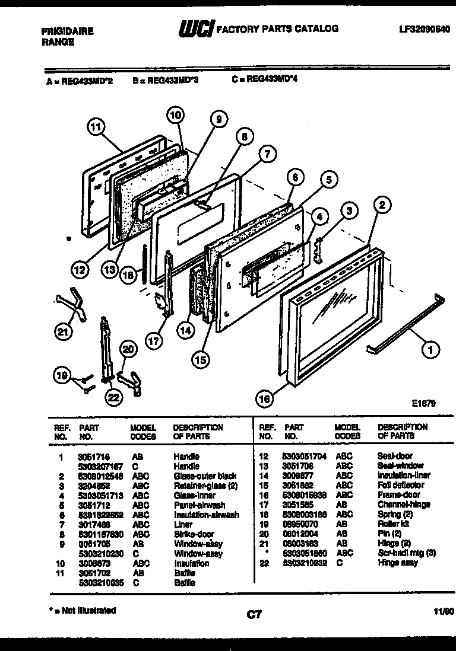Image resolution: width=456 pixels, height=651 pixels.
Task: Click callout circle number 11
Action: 96,126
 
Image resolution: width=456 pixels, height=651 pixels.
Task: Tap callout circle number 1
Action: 427,350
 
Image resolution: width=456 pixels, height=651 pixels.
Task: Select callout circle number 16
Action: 265,400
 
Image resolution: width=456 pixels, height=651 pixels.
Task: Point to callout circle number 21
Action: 62,333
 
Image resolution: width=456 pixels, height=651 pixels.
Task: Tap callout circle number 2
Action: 382,206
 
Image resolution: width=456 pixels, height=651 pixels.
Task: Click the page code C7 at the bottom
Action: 254,615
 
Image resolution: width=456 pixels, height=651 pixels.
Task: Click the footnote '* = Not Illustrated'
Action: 82,610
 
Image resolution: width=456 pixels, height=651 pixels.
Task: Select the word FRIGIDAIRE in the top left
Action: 68,31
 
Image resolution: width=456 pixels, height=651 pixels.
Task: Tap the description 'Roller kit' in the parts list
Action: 393,524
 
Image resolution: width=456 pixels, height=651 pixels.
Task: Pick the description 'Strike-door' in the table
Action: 194,534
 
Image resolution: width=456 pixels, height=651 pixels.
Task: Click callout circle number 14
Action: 186,333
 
